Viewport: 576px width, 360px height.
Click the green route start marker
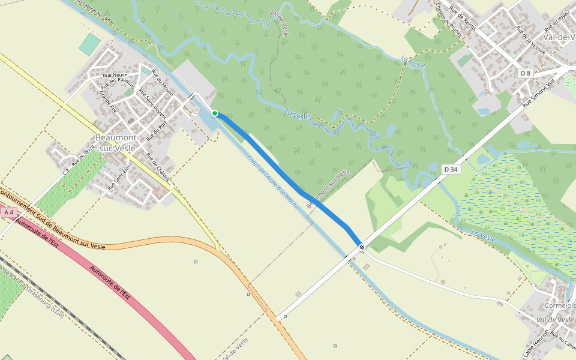(x=215, y=113)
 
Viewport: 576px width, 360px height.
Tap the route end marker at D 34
(x=361, y=247)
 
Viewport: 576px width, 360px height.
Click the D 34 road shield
(x=451, y=170)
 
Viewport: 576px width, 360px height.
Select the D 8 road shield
(x=526, y=73)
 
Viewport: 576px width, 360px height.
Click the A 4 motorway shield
(x=9, y=212)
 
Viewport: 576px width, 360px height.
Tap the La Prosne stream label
(x=413, y=61)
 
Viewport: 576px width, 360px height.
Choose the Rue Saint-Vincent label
(x=152, y=102)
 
